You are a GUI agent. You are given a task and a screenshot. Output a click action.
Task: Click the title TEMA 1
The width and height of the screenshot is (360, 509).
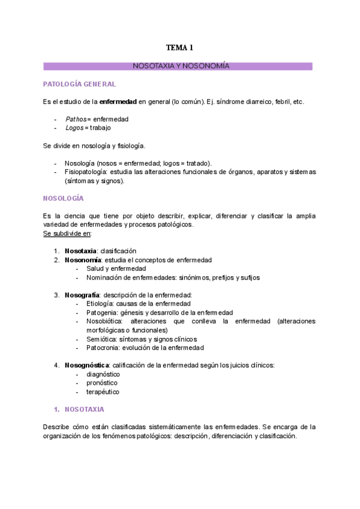(179, 47)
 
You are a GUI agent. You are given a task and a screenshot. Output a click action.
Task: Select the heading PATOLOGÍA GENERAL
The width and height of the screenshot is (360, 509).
(79, 84)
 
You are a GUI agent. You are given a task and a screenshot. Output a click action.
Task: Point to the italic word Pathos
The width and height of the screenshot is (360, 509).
(76, 119)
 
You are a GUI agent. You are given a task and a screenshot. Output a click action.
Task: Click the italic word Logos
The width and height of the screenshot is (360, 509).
(74, 127)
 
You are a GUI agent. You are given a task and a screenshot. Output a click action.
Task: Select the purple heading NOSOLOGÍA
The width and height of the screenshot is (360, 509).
(63, 198)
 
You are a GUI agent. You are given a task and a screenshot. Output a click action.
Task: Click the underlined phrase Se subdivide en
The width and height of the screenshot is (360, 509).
(67, 233)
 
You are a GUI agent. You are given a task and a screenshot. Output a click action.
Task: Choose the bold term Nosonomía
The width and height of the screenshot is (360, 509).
(83, 259)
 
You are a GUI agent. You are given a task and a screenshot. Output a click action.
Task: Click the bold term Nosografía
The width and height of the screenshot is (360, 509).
(83, 295)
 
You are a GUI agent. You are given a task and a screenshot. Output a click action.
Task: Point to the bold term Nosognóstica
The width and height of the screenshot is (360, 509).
(87, 365)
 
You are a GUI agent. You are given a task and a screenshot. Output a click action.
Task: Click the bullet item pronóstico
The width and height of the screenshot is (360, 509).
(102, 383)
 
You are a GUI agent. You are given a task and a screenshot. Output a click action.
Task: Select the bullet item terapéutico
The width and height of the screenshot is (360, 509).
(103, 392)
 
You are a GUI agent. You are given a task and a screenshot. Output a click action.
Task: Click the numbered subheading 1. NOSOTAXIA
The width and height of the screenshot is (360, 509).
(79, 409)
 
